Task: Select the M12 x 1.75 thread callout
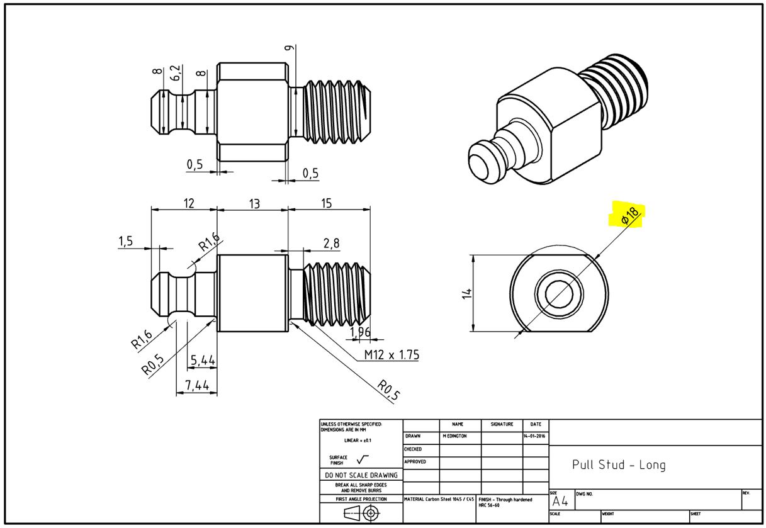click(391, 355)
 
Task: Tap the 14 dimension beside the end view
click(466, 293)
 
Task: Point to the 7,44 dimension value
click(196, 384)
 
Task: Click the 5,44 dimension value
click(203, 361)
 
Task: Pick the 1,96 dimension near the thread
click(359, 332)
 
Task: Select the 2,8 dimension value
click(331, 243)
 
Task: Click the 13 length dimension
click(253, 204)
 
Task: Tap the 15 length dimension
click(326, 204)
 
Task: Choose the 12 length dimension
click(189, 204)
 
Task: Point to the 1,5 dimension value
click(126, 241)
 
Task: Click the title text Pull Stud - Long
click(618, 465)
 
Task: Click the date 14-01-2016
click(535, 436)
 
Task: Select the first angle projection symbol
click(360, 513)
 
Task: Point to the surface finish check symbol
click(363, 459)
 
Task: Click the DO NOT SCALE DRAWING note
click(361, 475)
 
